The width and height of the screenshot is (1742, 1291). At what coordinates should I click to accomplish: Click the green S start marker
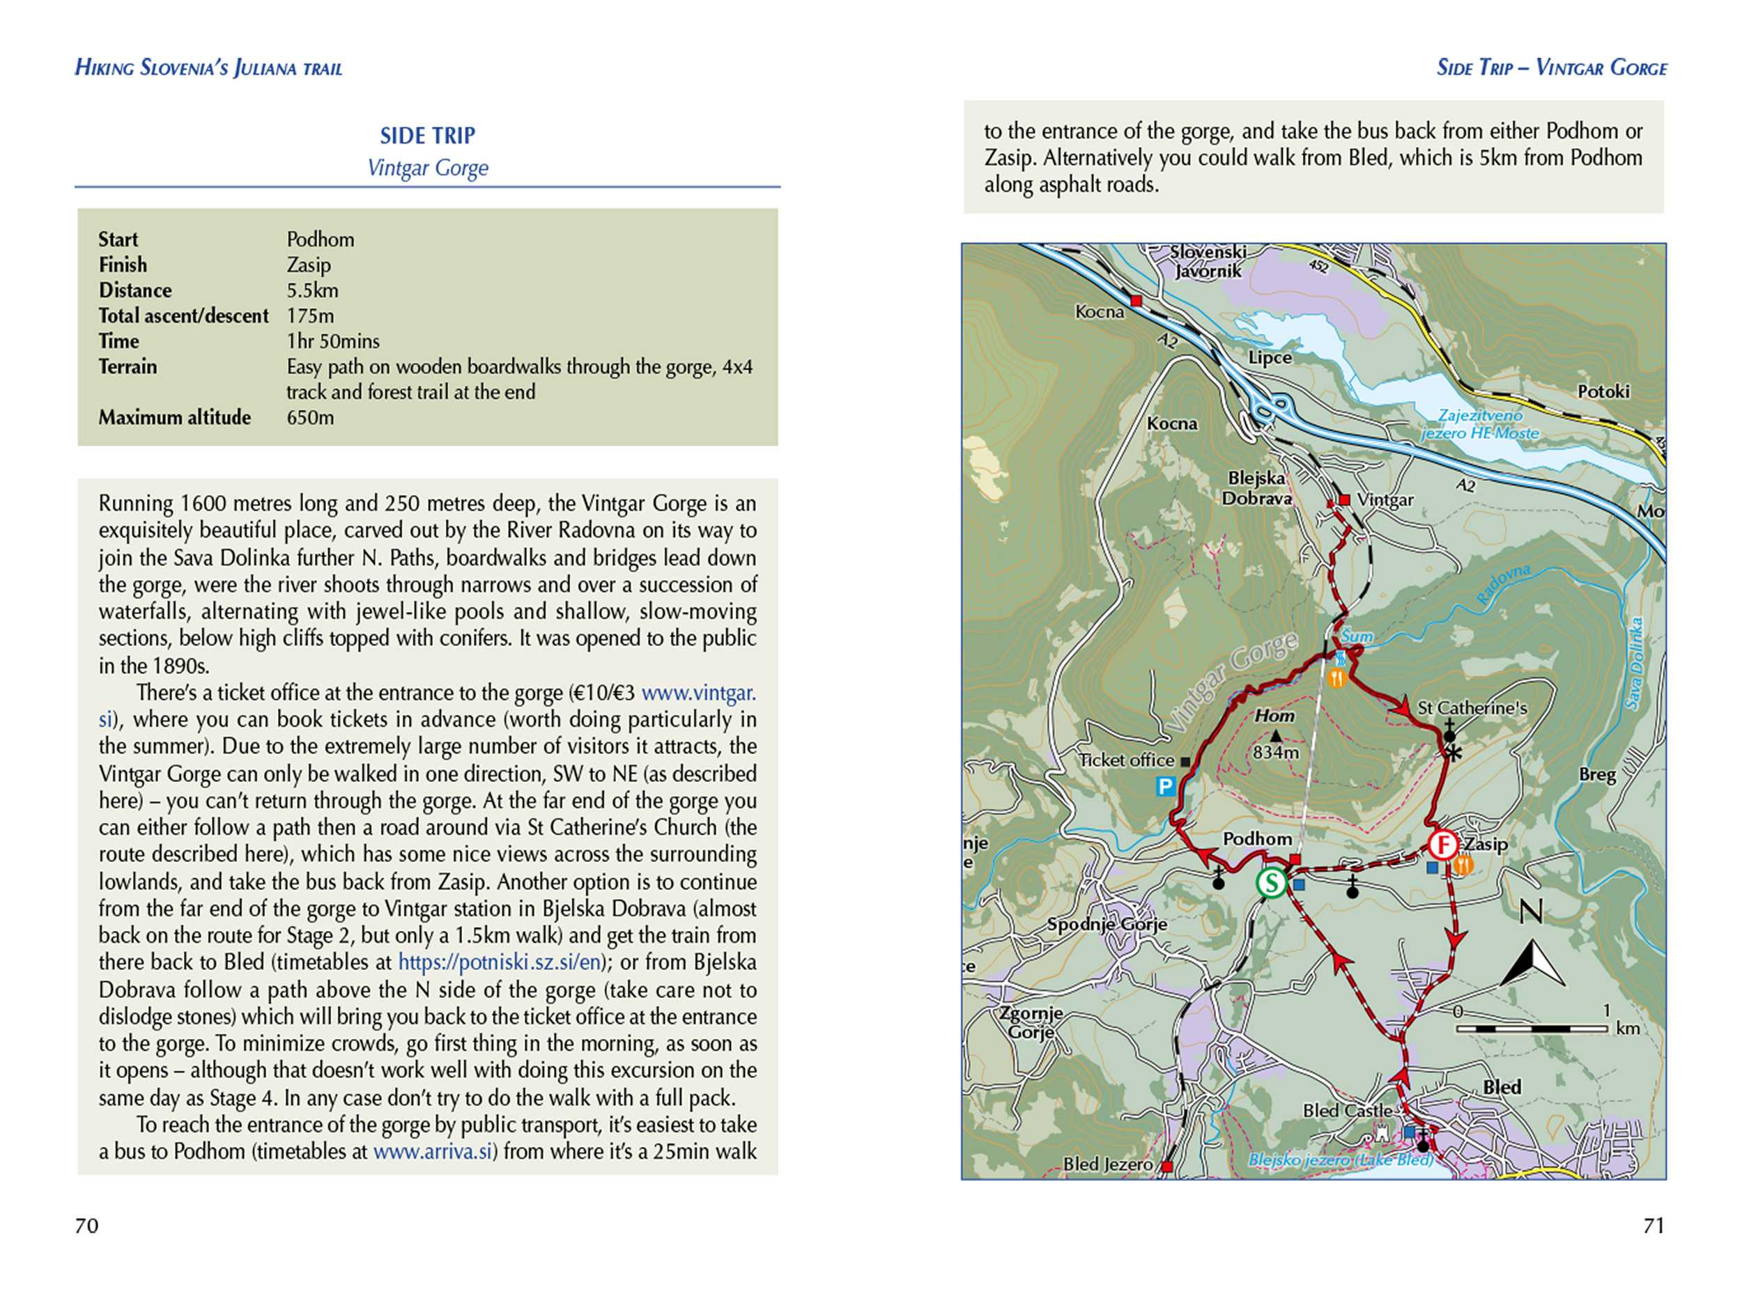coord(1272,883)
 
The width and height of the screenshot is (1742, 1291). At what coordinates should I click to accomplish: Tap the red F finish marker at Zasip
coord(1442,845)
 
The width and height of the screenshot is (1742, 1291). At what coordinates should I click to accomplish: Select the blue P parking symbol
coord(1166,786)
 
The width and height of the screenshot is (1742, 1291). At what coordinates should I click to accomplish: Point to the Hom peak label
coord(1274,716)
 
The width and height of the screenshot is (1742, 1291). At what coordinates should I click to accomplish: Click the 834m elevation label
coord(1275,753)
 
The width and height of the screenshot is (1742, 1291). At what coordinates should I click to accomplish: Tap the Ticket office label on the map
coord(1127,760)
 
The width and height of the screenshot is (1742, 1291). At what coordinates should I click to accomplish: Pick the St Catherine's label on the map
coord(1472,708)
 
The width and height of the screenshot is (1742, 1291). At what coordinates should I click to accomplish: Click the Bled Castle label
coord(1347,1111)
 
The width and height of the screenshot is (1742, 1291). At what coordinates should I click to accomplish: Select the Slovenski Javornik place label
coord(1208,262)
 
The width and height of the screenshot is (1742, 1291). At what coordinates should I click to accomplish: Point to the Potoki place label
coord(1603,391)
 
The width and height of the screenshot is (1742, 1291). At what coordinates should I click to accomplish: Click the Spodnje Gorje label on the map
coord(1107,925)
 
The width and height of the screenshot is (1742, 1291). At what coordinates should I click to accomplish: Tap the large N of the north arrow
coord(1531,911)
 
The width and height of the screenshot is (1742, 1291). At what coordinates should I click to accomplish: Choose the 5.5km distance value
coord(312,290)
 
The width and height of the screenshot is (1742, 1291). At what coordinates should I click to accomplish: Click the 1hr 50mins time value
coord(332,341)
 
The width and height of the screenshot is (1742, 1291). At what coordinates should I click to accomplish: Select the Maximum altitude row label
coord(174,417)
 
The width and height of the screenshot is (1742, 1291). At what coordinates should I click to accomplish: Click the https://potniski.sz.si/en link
coord(499,962)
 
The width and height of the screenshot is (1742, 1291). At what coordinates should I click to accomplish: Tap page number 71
coord(1654,1226)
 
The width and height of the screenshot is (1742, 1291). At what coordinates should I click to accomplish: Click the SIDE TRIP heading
coord(428,136)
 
